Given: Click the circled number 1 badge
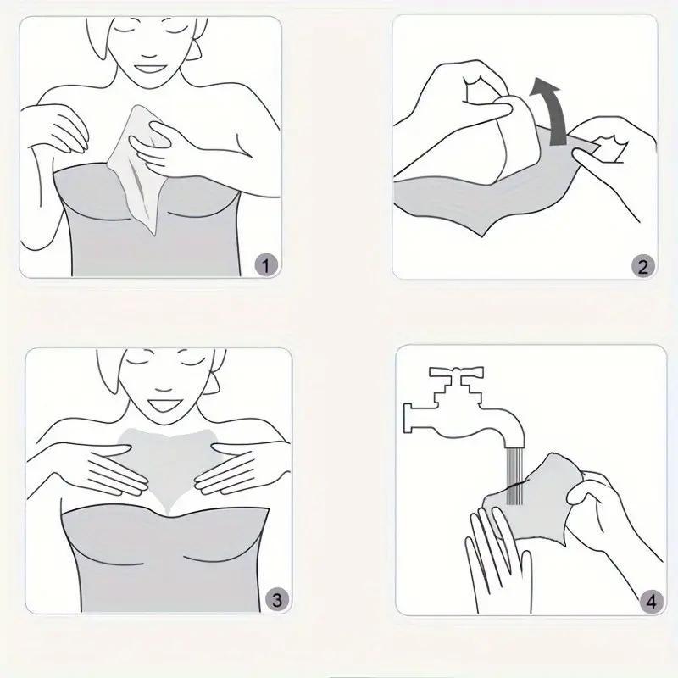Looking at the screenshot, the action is (x=265, y=264).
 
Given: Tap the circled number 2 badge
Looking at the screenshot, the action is (x=642, y=266).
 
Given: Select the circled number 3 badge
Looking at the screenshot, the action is (x=277, y=599).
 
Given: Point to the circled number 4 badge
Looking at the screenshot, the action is (x=651, y=601).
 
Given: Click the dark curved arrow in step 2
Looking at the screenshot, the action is (x=554, y=108).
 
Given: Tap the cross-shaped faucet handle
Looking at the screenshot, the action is (x=456, y=375).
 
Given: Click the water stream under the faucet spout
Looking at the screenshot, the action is (x=515, y=475).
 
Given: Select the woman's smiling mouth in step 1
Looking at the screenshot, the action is (x=149, y=69).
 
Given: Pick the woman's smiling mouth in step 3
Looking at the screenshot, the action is (x=164, y=405).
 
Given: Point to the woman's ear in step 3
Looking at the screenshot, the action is (x=211, y=381).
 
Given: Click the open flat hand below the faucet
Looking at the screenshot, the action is (x=497, y=562).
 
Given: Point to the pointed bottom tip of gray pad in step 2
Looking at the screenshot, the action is (x=484, y=236).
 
